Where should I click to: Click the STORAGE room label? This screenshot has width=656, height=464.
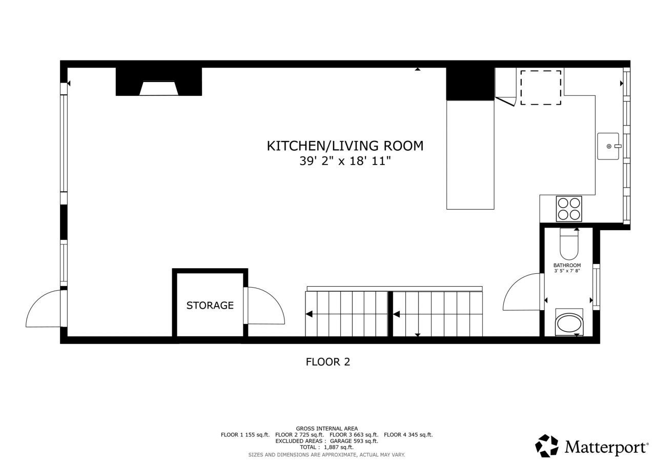click(210, 306)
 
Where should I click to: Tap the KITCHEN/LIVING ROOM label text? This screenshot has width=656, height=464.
click(345, 146)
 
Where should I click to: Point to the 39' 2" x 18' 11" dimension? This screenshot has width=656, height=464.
click(345, 161)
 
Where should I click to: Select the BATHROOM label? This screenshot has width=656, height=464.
click(567, 265)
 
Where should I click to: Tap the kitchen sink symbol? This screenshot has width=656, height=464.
click(609, 146)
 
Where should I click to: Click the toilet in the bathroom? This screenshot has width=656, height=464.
click(568, 245)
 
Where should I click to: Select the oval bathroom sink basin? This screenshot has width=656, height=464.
click(569, 324)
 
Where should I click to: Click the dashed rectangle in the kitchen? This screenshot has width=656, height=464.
click(541, 88)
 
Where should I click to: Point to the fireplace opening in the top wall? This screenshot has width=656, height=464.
click(159, 89)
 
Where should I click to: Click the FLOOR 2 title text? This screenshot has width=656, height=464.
click(327, 362)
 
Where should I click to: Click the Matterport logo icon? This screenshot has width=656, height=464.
click(547, 446)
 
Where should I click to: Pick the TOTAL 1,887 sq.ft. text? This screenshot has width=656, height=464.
click(326, 447)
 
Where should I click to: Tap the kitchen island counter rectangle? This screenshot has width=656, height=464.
click(470, 154)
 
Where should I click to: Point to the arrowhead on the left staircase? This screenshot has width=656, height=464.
click(309, 314)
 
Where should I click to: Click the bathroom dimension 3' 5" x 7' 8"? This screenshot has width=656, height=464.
click(567, 271)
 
